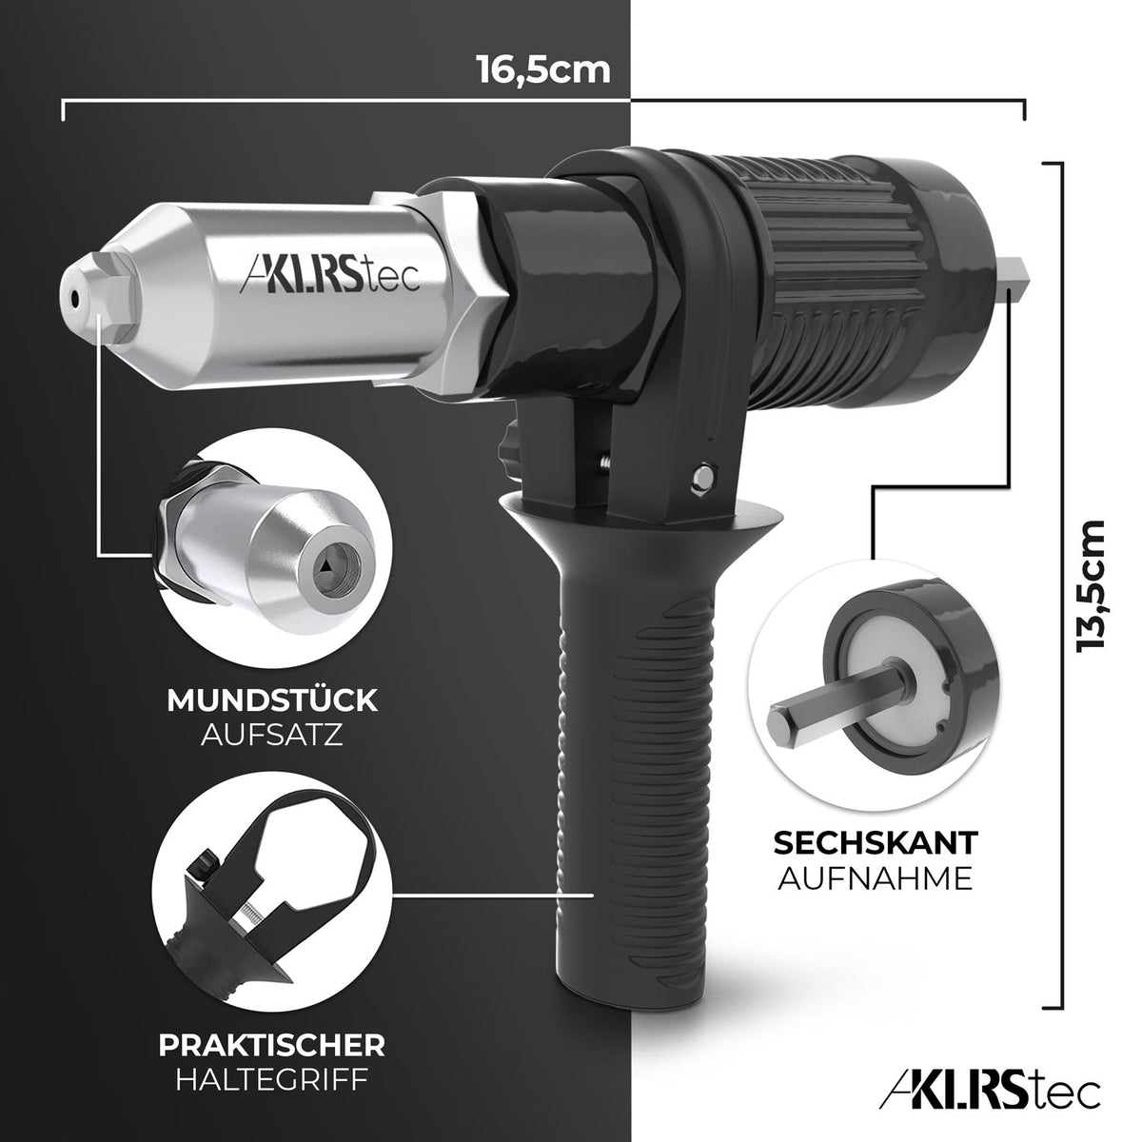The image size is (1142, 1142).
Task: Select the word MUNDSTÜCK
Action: [272, 702]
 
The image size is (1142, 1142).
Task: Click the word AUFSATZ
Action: [272, 736]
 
